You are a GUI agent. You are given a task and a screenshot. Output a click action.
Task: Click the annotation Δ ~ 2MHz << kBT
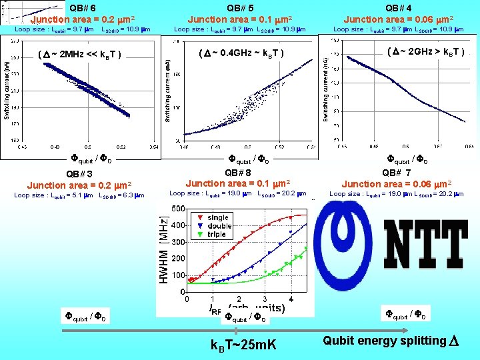(80, 54)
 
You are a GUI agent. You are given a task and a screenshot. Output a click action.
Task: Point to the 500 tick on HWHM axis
(178, 209)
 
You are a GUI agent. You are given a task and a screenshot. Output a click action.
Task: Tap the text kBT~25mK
(243, 344)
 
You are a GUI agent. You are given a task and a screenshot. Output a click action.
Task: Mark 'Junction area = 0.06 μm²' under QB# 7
(397, 183)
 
